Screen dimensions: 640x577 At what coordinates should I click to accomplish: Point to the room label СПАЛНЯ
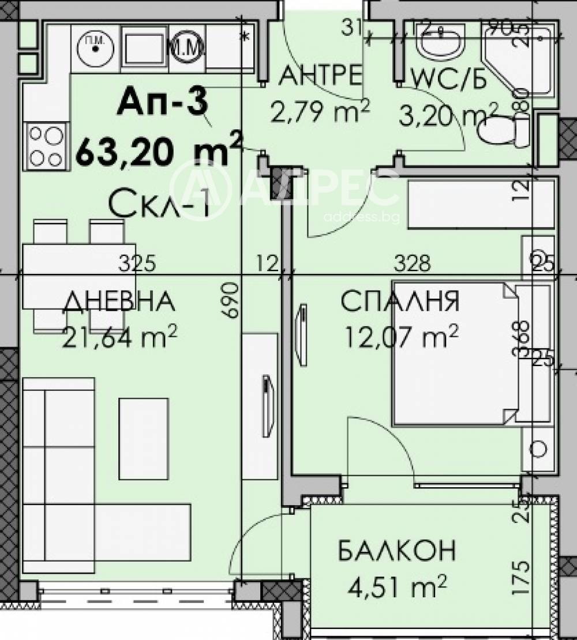click(x=399, y=302)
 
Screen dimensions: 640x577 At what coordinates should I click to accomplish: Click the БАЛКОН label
click(x=397, y=551)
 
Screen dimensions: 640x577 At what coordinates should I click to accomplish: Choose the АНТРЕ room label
click(x=321, y=75)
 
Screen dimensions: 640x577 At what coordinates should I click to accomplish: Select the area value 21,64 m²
click(x=120, y=337)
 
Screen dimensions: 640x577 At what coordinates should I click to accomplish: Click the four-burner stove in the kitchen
click(x=46, y=146)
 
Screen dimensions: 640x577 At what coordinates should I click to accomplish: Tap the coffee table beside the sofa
click(x=144, y=438)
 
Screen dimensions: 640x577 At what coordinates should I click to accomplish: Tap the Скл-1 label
click(x=159, y=205)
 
